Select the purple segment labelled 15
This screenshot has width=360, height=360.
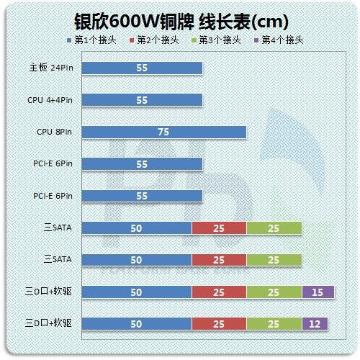point(318,292)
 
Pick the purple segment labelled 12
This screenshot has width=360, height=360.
point(315,323)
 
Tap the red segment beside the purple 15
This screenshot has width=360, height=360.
point(219,292)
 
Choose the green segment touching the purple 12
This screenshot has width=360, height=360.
point(274,323)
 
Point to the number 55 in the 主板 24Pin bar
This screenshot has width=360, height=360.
point(142,69)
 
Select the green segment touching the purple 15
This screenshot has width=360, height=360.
point(274,292)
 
